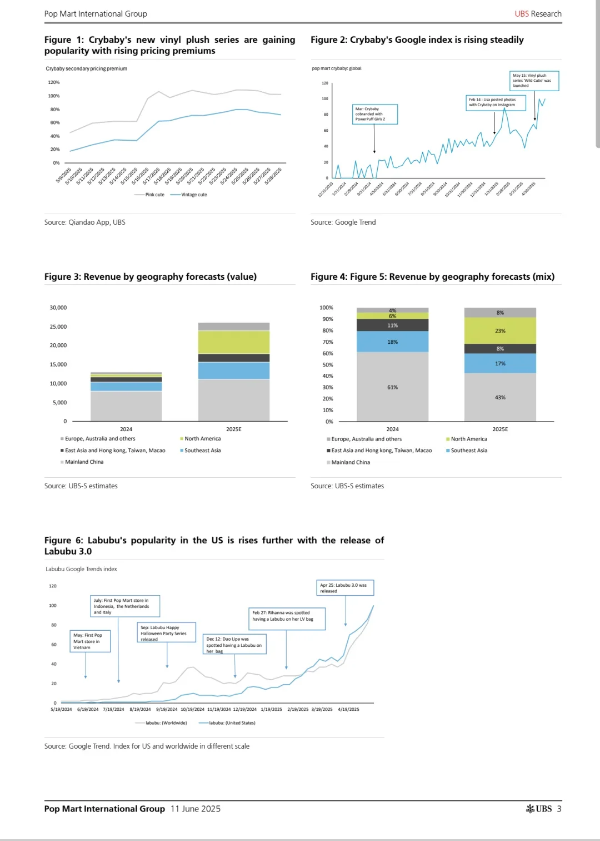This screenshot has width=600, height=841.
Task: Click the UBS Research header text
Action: coord(538,14)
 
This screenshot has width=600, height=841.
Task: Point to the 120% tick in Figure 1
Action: coord(54,82)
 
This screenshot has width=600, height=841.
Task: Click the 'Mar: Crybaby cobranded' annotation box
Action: coord(375,114)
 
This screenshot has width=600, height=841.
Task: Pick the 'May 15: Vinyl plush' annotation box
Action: coord(534,81)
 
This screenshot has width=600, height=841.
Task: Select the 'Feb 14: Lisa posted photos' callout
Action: coord(495,102)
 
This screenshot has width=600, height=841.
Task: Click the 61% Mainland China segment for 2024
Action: coord(392,387)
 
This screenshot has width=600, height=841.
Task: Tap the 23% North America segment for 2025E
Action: coord(500,331)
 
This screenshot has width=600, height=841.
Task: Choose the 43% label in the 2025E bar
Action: coord(500,398)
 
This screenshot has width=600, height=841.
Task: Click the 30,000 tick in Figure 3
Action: coord(58,308)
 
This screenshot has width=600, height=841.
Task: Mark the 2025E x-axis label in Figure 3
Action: coord(233,429)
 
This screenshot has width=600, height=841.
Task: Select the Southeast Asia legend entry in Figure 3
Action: coord(202,451)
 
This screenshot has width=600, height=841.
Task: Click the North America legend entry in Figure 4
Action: coord(468,439)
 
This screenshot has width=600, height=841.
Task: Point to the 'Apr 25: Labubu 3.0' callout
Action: coord(345,588)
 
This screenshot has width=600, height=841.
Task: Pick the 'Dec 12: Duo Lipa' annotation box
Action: coord(234,645)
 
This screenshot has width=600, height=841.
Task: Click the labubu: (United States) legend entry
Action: coord(232,723)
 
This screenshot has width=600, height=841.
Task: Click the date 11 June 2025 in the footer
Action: coord(196,809)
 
